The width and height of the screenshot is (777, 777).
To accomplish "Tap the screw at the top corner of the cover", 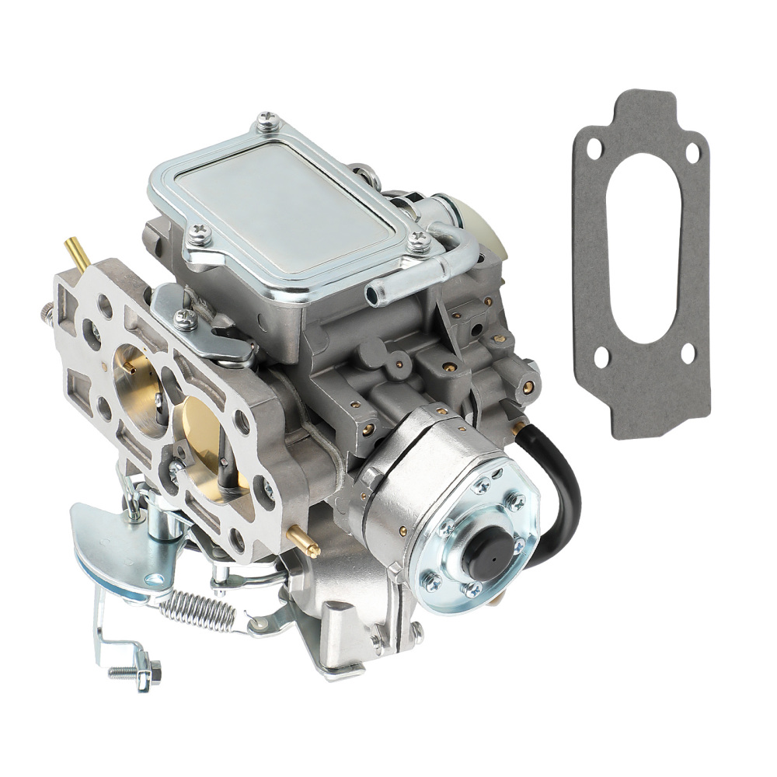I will [268, 120].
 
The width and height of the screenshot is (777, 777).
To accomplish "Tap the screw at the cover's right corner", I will [420, 241].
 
